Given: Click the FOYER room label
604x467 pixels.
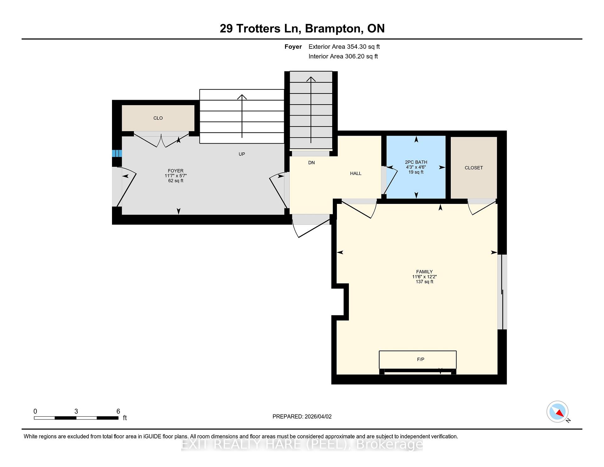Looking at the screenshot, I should pyautogui.click(x=175, y=171).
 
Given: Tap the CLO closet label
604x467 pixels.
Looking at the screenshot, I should pyautogui.click(x=158, y=118).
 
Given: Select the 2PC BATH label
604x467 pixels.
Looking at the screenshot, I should pyautogui.click(x=416, y=162).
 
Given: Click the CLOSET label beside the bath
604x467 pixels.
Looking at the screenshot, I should pyautogui.click(x=473, y=168).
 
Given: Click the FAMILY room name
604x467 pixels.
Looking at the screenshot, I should pyautogui.click(x=424, y=272).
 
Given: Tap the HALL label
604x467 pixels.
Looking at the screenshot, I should pyautogui.click(x=355, y=173).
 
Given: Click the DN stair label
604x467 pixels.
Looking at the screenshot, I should pyautogui.click(x=311, y=163).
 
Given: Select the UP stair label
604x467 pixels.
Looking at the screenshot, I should pyautogui.click(x=242, y=154).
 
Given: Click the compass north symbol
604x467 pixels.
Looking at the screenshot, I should pyautogui.click(x=557, y=412).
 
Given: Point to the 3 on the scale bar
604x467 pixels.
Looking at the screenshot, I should pyautogui.click(x=76, y=411).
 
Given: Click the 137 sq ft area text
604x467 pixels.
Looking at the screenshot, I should pyautogui.click(x=424, y=282).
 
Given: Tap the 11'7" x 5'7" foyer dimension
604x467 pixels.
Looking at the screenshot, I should pyautogui.click(x=175, y=176).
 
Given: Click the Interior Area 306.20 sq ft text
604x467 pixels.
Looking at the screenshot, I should pyautogui.click(x=343, y=56).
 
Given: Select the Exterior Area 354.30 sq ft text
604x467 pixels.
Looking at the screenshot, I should pyautogui.click(x=344, y=47).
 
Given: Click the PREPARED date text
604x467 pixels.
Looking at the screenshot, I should pyautogui.click(x=302, y=416).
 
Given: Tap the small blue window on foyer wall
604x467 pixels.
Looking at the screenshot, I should pyautogui.click(x=117, y=154).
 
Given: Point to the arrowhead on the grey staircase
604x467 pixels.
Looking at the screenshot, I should pyautogui.click(x=311, y=79).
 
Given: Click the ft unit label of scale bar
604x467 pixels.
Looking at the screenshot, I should pyautogui.click(x=125, y=418).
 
